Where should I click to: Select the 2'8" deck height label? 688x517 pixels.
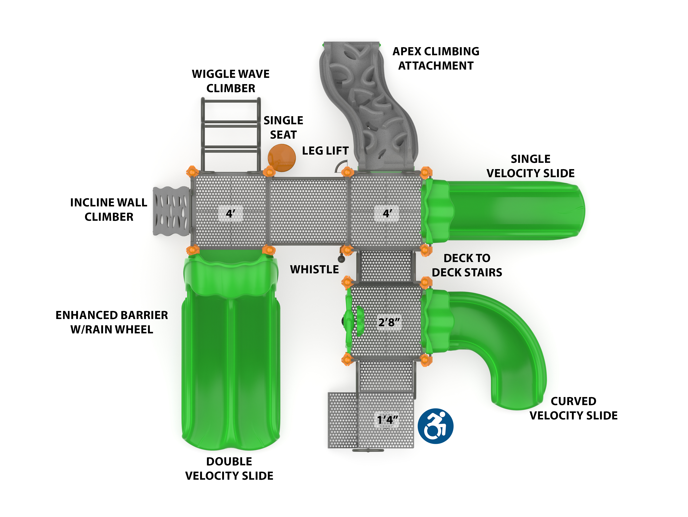389,322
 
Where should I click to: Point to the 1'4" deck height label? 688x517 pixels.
387,420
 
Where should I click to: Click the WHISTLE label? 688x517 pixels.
314,269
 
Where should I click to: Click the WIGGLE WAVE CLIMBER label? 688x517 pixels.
230,81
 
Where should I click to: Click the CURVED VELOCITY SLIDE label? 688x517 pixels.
573,408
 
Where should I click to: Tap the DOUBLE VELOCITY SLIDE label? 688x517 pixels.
229,468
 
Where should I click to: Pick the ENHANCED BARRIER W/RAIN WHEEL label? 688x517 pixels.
112,322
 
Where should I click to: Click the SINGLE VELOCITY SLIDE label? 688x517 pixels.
530,166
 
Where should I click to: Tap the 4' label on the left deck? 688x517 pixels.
230,214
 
